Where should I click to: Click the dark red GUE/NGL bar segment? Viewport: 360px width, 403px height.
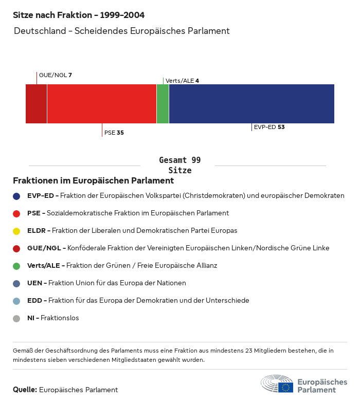(x=36, y=104)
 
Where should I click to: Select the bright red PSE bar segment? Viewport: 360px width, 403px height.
(x=101, y=104)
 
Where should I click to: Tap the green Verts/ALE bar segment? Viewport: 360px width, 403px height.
(x=163, y=104)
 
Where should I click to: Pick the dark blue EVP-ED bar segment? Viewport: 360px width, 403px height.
(x=251, y=104)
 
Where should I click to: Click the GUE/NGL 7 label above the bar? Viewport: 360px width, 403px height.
(x=55, y=75)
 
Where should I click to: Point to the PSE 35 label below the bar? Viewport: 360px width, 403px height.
(x=114, y=133)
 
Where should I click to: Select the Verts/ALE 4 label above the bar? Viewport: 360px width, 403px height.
(x=182, y=81)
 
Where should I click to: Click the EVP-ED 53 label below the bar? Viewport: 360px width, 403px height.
(x=269, y=127)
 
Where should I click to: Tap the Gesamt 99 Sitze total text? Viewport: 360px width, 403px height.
(x=180, y=165)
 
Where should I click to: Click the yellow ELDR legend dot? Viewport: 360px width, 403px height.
(x=16, y=231)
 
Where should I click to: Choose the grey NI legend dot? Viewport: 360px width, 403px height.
(x=16, y=318)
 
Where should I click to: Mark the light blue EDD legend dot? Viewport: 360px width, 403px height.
(x=16, y=301)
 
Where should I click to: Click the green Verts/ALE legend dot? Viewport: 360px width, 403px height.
(x=16, y=266)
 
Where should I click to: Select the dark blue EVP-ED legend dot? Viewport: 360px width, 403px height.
(x=16, y=196)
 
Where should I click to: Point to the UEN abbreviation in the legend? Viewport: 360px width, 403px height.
(x=34, y=283)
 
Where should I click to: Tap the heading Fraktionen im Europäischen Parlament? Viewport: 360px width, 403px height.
(x=93, y=181)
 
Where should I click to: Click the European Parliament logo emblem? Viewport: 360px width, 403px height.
(x=277, y=384)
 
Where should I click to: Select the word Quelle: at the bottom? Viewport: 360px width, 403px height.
(x=25, y=390)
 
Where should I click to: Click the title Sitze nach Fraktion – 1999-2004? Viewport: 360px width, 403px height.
(x=79, y=15)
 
